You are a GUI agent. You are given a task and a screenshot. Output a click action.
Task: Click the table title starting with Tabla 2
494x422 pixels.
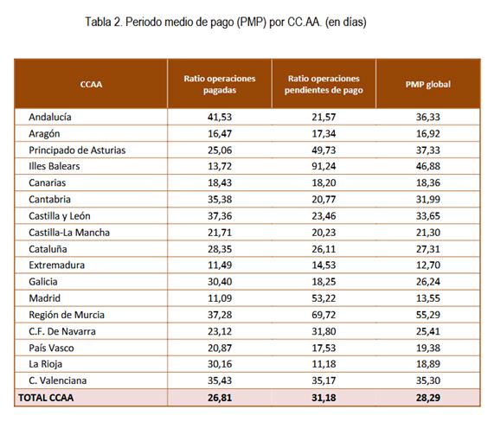coord(226,22)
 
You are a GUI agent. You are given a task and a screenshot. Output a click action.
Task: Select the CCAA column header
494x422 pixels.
coord(91,85)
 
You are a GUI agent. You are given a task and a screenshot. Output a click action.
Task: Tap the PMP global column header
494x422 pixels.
coord(428,85)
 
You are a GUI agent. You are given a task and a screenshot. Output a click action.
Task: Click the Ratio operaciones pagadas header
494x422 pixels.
coord(220,84)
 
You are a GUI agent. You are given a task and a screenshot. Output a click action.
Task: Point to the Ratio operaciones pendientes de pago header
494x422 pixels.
coord(324,84)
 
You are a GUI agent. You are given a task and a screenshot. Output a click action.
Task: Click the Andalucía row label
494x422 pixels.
coord(50,117)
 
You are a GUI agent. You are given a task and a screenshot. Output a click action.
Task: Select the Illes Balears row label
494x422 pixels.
coord(55,166)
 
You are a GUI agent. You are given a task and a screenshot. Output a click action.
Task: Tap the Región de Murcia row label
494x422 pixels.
coord(67,315)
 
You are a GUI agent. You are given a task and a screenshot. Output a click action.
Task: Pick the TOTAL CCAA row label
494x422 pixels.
coord(46,398)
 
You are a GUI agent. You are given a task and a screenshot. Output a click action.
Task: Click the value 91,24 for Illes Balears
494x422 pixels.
coord(324,166)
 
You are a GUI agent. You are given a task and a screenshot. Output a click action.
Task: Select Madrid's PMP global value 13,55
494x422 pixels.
coord(428,298)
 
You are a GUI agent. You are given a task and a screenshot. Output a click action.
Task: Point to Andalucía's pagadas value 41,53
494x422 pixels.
coord(220,117)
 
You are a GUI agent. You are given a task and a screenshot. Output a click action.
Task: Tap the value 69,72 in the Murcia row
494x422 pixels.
coord(324,315)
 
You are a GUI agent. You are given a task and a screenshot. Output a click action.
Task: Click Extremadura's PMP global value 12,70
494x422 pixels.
coord(428,265)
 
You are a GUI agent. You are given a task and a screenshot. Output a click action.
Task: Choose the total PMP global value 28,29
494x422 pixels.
coord(428,398)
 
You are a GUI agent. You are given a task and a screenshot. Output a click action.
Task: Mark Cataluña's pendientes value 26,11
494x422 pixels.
coord(324,249)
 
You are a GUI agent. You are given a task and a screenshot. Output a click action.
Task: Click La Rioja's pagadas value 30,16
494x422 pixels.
coord(220,364)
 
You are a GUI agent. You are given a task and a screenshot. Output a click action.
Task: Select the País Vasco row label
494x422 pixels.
coord(51,348)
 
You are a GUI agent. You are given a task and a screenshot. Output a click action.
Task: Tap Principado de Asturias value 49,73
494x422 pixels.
coord(324,150)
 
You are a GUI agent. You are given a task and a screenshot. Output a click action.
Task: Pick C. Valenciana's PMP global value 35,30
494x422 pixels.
coord(428,380)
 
